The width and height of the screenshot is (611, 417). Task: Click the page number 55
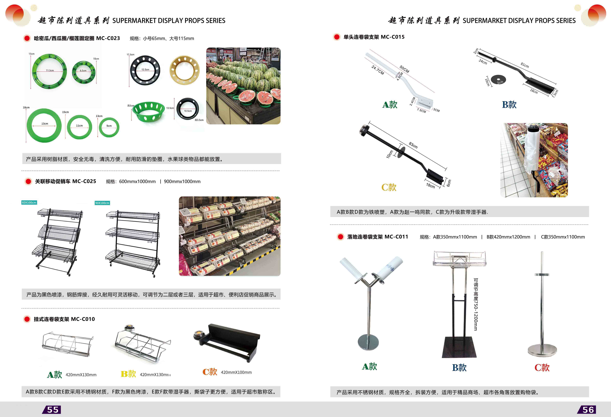(x=53, y=410)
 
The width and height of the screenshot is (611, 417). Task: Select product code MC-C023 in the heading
(x=108, y=38)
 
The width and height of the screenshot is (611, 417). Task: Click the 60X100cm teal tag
(x=29, y=202)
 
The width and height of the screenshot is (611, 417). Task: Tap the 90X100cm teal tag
(x=102, y=203)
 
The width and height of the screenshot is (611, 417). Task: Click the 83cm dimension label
(x=413, y=145)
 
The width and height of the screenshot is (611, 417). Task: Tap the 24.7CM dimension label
(x=378, y=70)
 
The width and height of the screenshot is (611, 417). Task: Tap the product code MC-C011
(x=396, y=237)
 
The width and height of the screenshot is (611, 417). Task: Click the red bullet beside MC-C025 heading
(x=28, y=182)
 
